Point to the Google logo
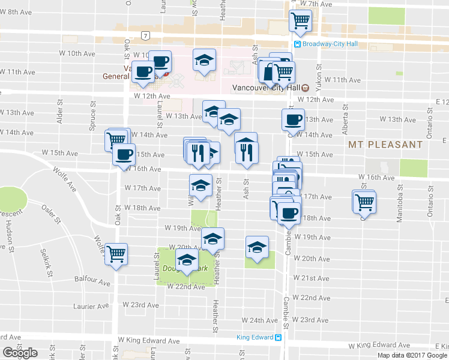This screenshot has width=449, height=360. click(x=20, y=353)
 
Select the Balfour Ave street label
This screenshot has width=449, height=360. click(x=92, y=282)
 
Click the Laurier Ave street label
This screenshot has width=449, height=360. click(x=92, y=306)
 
